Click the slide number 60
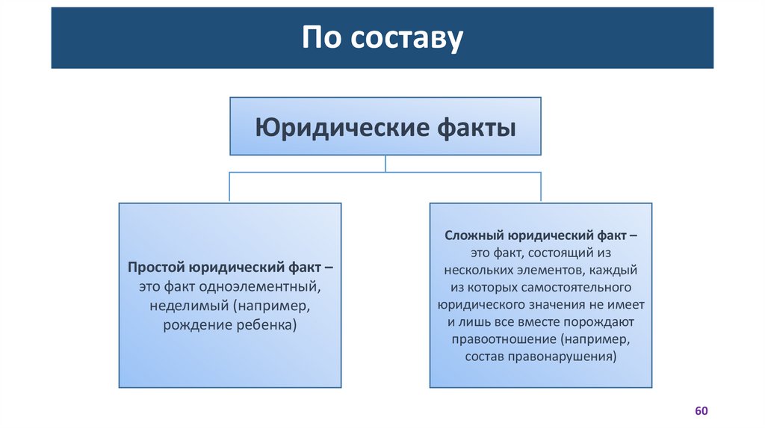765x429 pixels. pos(701,412)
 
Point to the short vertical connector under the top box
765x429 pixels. pos(385,164)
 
